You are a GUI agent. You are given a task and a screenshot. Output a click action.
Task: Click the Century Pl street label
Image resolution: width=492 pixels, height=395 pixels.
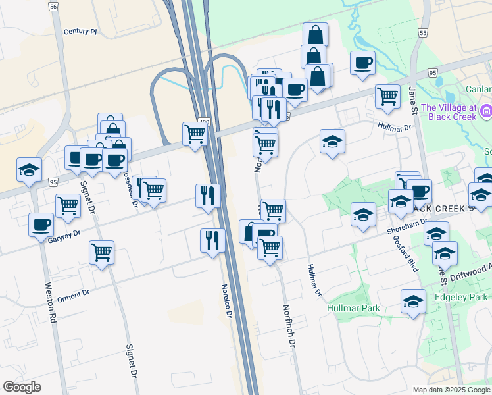pyautogui.click(x=80, y=31)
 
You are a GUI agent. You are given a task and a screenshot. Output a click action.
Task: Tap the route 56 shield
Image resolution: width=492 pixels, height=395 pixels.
pyautogui.click(x=53, y=6)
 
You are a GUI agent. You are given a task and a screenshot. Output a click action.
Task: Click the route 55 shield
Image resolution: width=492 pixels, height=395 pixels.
pyautogui.click(x=422, y=32)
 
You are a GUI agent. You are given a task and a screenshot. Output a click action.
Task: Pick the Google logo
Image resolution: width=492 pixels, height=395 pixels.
pyautogui.click(x=22, y=387)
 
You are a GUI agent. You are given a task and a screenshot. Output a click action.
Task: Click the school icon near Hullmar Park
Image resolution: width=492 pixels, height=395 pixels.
pyautogui.click(x=412, y=302)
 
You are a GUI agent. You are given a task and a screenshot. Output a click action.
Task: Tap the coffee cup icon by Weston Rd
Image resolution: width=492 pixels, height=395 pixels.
pyautogui.click(x=41, y=224)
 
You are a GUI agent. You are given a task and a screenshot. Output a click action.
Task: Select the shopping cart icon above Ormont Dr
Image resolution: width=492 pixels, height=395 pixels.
pyautogui.click(x=101, y=251)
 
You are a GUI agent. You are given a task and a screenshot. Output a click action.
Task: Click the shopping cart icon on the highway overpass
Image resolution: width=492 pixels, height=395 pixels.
pyautogui.click(x=195, y=134)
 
